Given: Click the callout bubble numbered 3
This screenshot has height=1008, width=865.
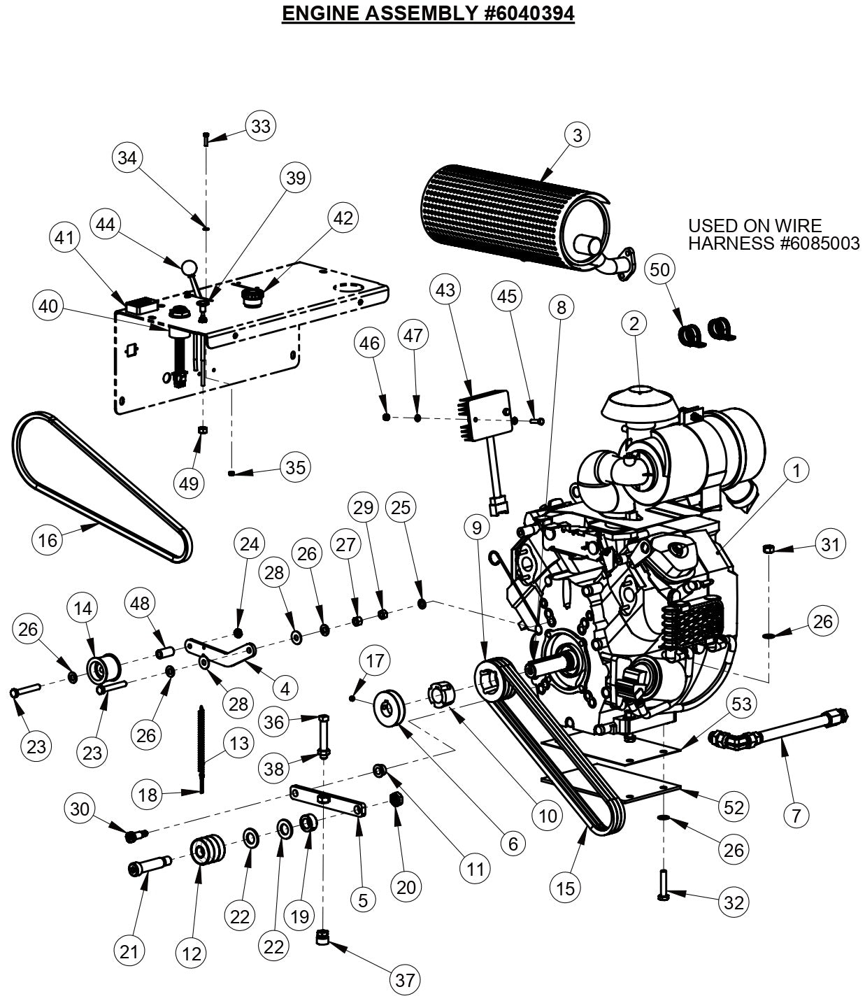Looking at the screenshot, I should (577, 134).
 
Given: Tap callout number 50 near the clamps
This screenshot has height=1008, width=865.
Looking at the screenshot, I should (660, 270).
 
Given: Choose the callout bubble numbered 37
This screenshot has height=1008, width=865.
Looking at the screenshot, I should (405, 980).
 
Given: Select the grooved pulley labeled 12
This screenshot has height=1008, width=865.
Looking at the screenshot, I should (206, 849).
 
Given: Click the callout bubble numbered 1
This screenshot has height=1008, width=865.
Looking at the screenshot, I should (796, 471).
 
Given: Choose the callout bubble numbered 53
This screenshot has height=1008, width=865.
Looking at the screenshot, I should (742, 703).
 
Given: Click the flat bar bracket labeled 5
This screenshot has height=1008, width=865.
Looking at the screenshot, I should (327, 800).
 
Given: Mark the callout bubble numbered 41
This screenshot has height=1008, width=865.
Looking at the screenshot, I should (64, 238).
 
